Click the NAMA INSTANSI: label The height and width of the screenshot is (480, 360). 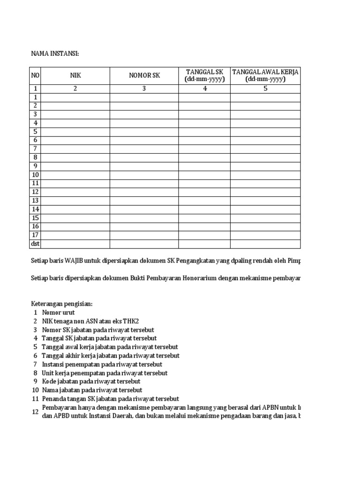55,54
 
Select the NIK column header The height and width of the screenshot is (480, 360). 75,75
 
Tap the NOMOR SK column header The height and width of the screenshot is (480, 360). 144,75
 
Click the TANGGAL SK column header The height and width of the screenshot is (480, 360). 204,75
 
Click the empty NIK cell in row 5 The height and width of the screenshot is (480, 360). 75,132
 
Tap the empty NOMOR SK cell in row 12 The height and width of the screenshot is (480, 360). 144,192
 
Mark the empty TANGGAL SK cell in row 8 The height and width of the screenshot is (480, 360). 204,157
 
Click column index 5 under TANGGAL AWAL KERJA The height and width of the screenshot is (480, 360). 265,89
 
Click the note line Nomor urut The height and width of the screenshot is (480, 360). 58,312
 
